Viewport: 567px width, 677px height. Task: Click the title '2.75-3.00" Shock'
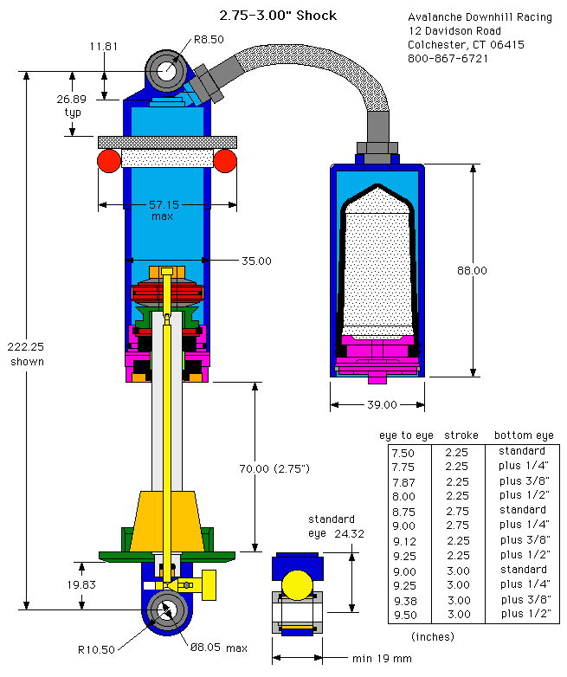pos(278,16)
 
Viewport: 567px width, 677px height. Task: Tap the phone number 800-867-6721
pos(448,58)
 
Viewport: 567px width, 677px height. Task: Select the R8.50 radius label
pos(209,40)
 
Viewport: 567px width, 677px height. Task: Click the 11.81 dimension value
pos(104,46)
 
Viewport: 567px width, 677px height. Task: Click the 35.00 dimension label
pos(256,261)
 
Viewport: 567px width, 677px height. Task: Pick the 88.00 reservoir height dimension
pos(472,271)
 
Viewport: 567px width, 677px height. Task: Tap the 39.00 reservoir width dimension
pos(382,404)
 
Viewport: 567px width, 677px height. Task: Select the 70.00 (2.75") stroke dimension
pos(274,468)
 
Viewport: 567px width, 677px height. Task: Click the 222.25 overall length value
pos(25,346)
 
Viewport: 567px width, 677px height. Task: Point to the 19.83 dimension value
pos(81,584)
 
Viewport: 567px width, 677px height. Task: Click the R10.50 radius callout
pos(96,649)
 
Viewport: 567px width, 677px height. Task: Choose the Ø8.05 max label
pos(219,648)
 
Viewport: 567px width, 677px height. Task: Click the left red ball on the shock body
pos(109,161)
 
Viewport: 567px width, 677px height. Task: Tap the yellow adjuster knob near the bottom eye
pos(209,584)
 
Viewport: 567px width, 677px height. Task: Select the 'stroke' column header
pos(461,435)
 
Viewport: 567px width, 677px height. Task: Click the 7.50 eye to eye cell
pos(403,453)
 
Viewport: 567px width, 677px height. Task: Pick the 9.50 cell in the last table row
pos(405,615)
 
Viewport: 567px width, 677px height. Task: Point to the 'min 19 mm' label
pos(382,659)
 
